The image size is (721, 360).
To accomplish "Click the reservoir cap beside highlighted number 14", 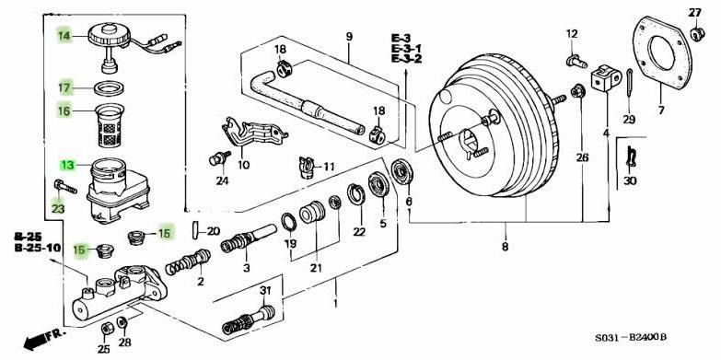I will pos(109,40).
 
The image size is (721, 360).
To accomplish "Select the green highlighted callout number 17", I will pos(64,88).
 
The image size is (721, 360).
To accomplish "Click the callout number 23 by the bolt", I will pos(57,210).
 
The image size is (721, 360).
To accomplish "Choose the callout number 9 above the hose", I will pos(349,37).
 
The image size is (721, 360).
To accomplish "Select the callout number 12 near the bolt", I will pos(571,34).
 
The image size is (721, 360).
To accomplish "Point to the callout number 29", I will pos(629,120).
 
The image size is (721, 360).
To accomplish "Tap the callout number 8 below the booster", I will pos(505,247).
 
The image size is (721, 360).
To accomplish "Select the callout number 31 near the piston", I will pos(265,291).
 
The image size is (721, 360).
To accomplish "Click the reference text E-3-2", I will pos(406,59).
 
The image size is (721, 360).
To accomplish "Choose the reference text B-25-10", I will pos(37,248).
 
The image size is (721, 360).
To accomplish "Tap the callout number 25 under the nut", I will pos(103,349).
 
